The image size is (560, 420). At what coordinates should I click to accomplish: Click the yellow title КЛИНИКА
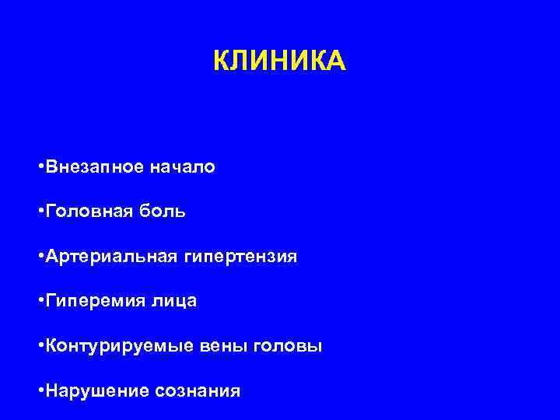click(x=278, y=60)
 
